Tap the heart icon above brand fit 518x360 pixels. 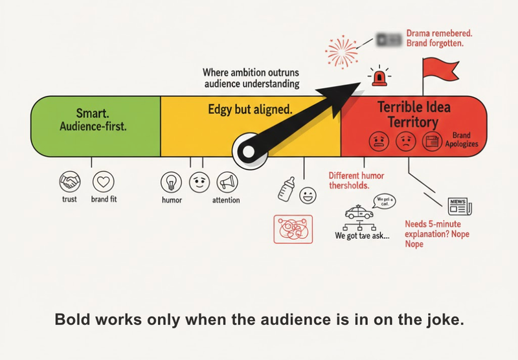tap(103, 181)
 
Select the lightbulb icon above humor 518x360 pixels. tap(171, 181)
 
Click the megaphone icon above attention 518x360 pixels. tap(226, 181)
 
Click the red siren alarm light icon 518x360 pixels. tap(377, 78)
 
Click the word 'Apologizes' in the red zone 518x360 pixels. tap(461, 144)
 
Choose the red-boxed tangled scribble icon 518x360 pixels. tap(293, 229)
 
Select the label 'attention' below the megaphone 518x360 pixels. tap(226, 200)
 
